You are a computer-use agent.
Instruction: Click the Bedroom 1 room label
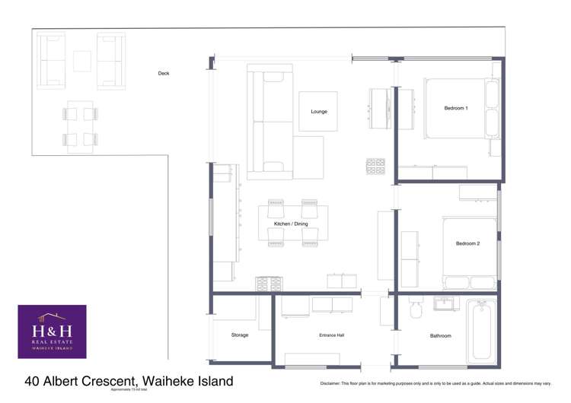(456, 108)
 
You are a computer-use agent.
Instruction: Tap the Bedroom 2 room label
(467, 243)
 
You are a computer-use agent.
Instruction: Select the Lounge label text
(319, 112)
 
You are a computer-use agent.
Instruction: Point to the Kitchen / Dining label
(291, 224)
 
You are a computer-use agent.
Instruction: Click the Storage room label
(241, 335)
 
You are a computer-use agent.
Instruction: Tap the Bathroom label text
(440, 335)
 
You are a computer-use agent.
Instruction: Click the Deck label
(163, 73)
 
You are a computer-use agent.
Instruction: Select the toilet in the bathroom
(416, 312)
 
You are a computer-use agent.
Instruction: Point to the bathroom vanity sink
(445, 304)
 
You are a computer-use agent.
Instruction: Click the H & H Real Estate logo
(52, 332)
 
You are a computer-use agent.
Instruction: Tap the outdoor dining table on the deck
(80, 126)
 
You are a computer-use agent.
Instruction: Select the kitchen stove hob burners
(269, 284)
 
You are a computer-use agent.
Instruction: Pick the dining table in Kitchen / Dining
(293, 224)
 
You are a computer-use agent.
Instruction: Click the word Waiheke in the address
(169, 380)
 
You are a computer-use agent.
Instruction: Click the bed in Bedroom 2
(469, 252)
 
